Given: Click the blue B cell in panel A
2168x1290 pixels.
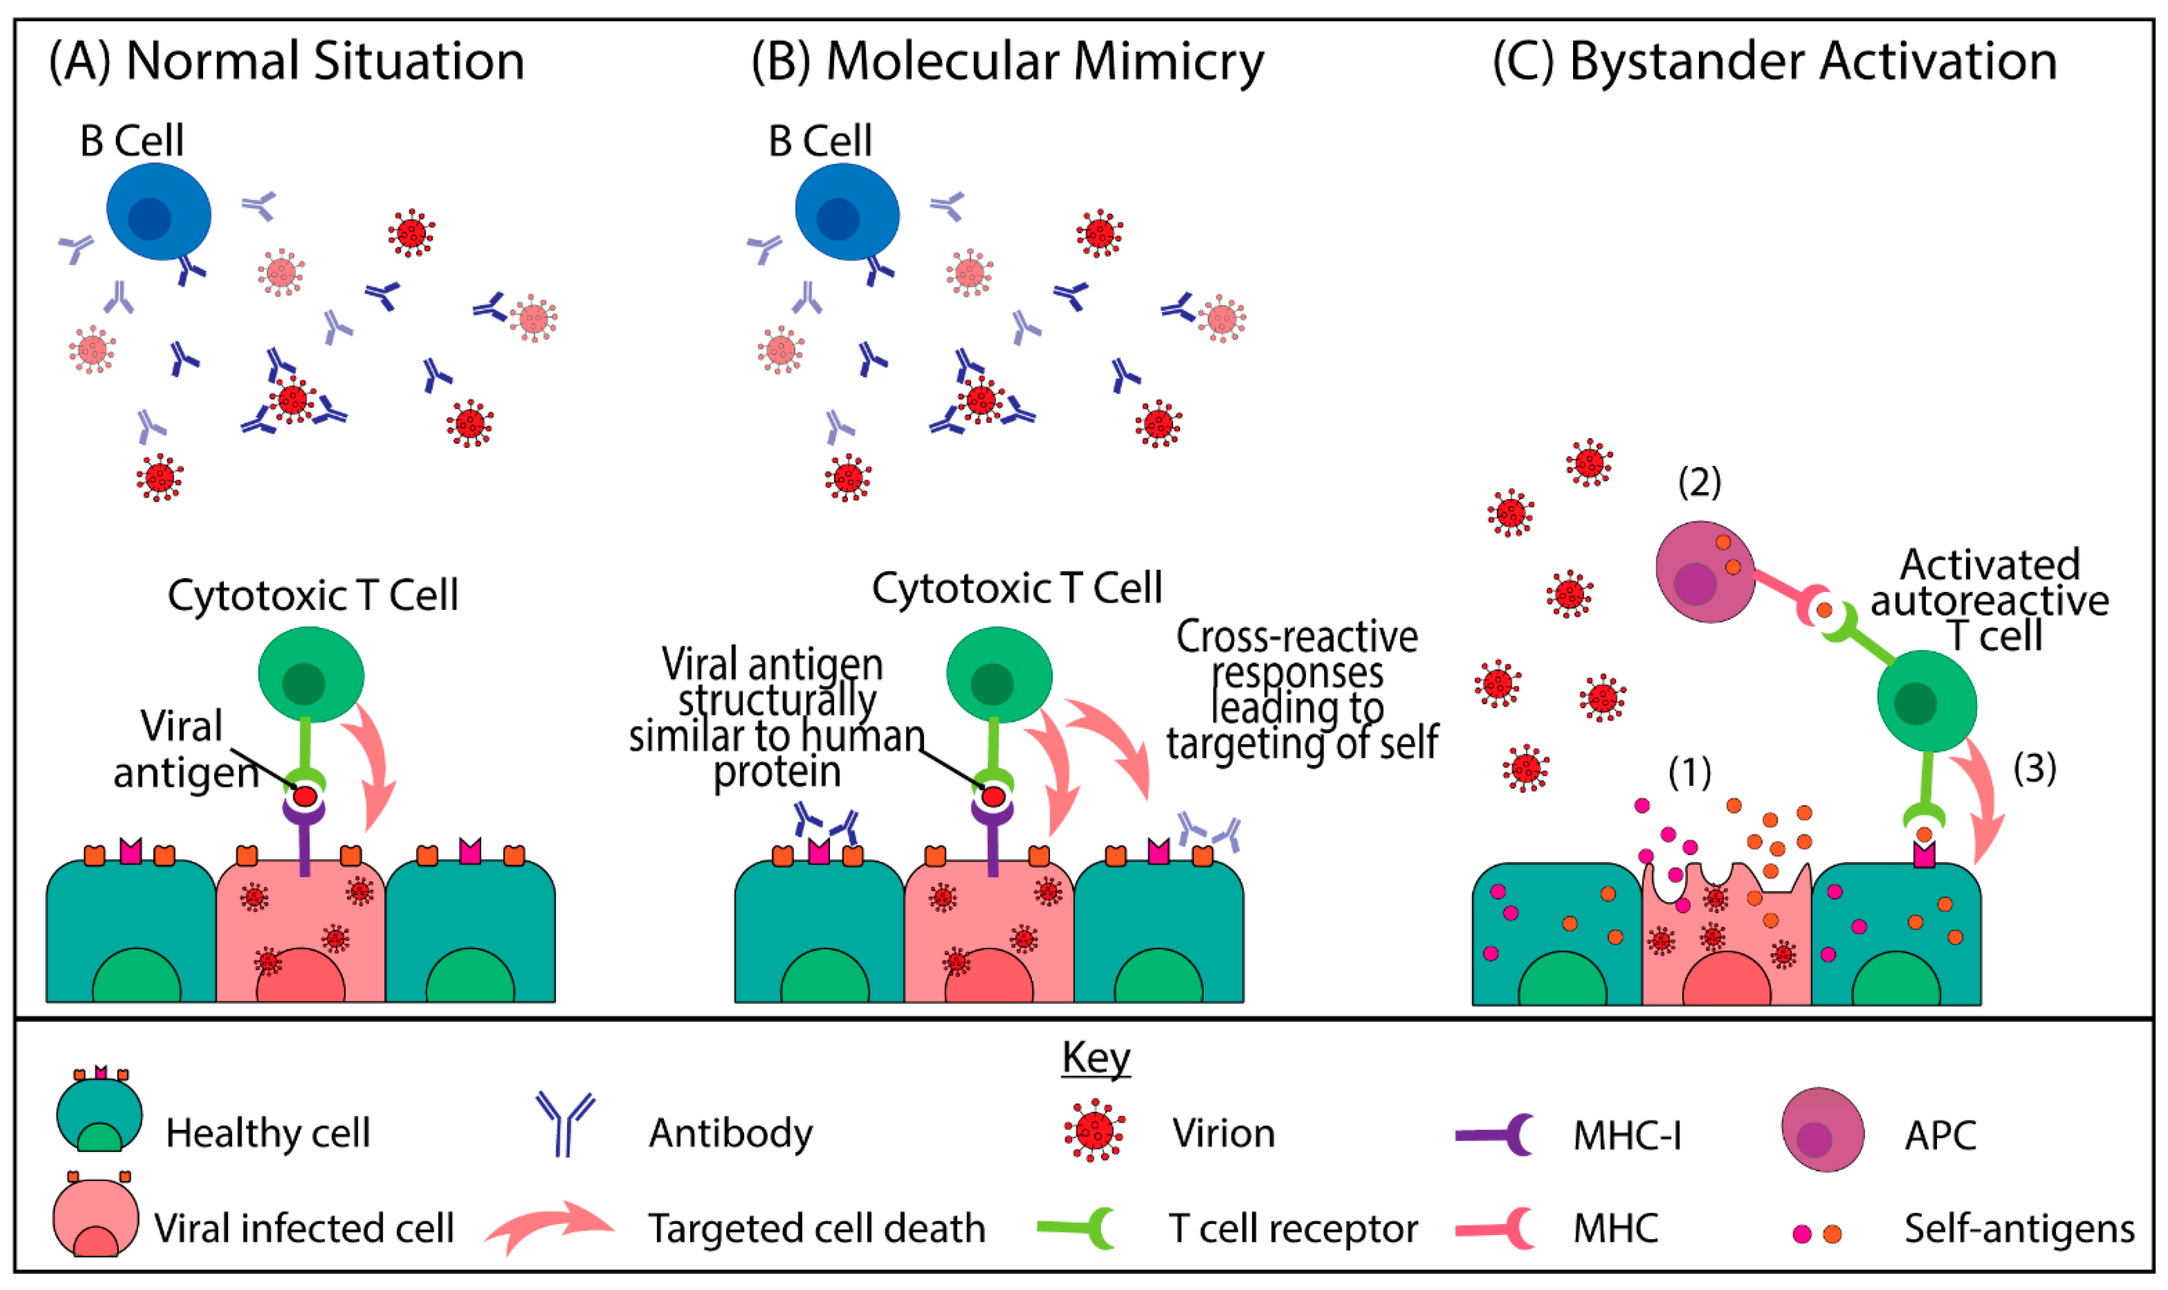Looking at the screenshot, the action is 158,211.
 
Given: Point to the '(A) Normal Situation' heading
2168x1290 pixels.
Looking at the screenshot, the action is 287,62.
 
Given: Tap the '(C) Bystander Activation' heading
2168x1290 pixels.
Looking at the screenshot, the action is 1775,62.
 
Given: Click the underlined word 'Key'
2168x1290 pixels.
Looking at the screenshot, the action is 1096,1058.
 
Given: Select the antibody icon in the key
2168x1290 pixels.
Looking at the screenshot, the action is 565,1124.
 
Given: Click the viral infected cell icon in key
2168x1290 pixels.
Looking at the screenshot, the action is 95,1214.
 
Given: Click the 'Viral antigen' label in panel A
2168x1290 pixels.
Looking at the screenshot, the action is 186,749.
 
